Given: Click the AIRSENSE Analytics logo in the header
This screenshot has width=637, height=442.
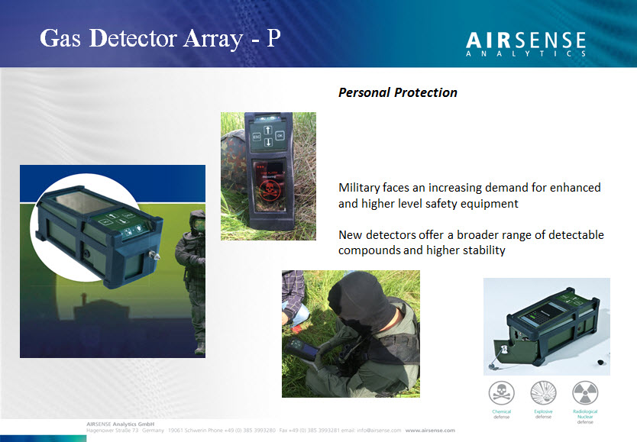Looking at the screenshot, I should [x=525, y=44].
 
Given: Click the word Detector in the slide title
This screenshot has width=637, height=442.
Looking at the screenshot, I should [x=132, y=38].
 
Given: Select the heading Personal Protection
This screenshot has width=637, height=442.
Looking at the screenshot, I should [x=397, y=92].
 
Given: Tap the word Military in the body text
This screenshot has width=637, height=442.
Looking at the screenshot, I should [x=362, y=188].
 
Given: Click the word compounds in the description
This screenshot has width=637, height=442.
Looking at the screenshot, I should [x=371, y=250].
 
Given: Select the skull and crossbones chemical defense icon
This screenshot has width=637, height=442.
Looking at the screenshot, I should [x=501, y=393].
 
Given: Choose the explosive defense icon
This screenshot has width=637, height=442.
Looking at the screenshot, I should [x=543, y=393].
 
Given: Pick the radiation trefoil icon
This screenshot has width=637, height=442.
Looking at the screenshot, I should [x=585, y=393].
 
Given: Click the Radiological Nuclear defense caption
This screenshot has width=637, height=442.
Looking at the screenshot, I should [x=585, y=417].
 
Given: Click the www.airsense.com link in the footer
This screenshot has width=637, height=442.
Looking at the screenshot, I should [x=429, y=431].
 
